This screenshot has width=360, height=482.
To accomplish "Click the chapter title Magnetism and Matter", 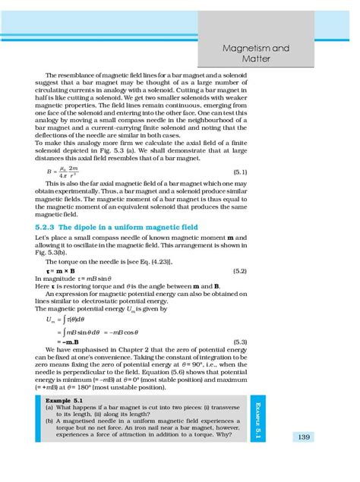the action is (x=298, y=52).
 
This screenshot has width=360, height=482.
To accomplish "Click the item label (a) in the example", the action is (x=49, y=406).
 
